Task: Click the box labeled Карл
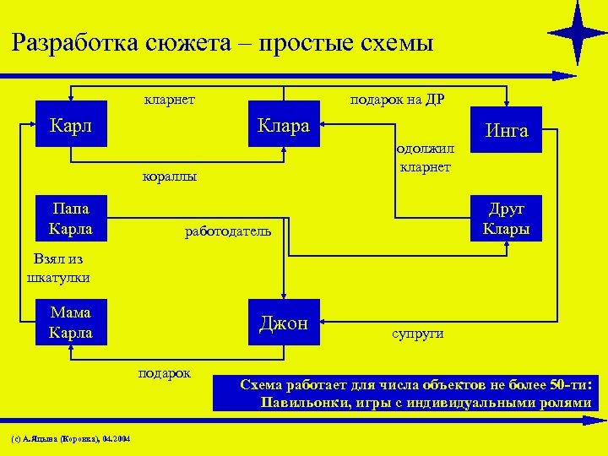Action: click(71, 124)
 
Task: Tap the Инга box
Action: click(506, 130)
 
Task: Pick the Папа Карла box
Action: click(71, 218)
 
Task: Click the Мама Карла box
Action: click(71, 322)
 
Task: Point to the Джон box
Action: click(284, 322)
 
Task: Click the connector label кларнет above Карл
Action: click(170, 100)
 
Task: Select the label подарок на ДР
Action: click(397, 100)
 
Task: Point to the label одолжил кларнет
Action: click(426, 158)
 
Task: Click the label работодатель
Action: click(228, 231)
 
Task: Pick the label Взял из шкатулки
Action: click(58, 269)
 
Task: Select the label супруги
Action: click(417, 334)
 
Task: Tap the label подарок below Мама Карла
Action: click(166, 373)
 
